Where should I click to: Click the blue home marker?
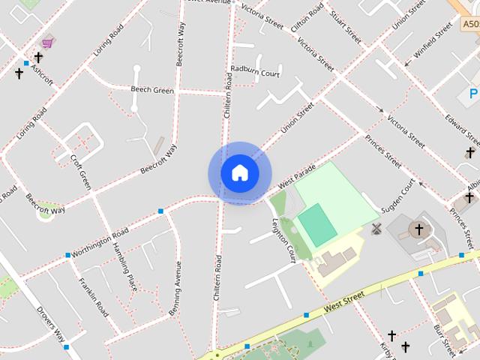coord(239,173)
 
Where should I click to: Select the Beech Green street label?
coord(152,90)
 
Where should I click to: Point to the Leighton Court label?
coord(283,239)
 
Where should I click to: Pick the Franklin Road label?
coord(94,297)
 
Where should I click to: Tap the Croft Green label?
coord(80,172)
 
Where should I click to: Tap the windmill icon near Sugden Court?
coord(376,229)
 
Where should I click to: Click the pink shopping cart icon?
coord(47,43)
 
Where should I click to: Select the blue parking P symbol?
coord(473,94)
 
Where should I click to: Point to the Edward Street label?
coord(461,129)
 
